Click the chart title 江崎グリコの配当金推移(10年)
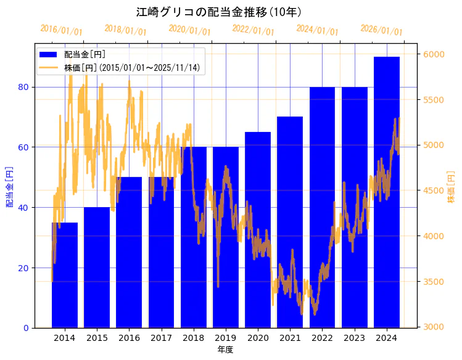[x=227, y=12]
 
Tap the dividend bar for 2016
[x=129, y=252]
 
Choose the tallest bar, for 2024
[x=387, y=192]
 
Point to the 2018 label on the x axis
[x=193, y=338]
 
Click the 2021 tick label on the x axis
[x=290, y=338]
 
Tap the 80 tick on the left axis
[x=23, y=87]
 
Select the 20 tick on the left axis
[x=23, y=268]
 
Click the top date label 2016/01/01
[x=61, y=30]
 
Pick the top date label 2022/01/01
[x=254, y=30]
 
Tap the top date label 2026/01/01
[x=381, y=30]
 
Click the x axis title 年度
[x=225, y=350]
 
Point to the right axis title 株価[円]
[x=451, y=187]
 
